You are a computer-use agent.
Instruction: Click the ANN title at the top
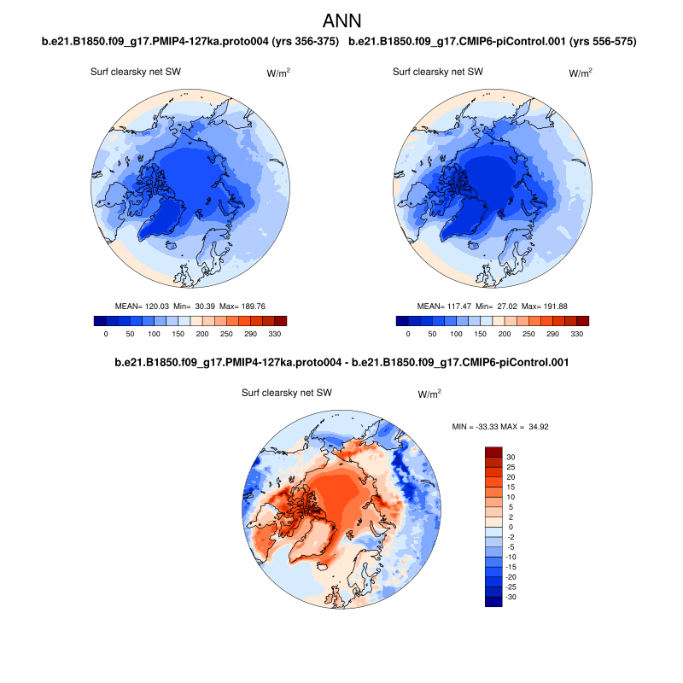[341, 20]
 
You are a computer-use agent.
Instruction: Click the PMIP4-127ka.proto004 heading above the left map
[190, 41]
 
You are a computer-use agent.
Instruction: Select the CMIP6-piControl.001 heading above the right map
[493, 41]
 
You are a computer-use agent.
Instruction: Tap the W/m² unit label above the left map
[278, 73]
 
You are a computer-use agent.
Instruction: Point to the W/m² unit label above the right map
[581, 73]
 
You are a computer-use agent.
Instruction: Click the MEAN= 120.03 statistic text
[141, 305]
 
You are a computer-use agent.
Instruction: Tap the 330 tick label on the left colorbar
[274, 334]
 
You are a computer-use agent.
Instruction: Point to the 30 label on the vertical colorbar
[511, 457]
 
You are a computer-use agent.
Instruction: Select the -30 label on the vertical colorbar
[511, 597]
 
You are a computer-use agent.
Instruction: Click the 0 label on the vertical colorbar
[510, 527]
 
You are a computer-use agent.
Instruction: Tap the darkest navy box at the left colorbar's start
[100, 321]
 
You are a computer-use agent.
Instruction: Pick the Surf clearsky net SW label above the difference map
[287, 393]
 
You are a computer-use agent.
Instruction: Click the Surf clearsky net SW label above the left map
[136, 72]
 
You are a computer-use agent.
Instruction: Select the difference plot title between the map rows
[341, 363]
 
